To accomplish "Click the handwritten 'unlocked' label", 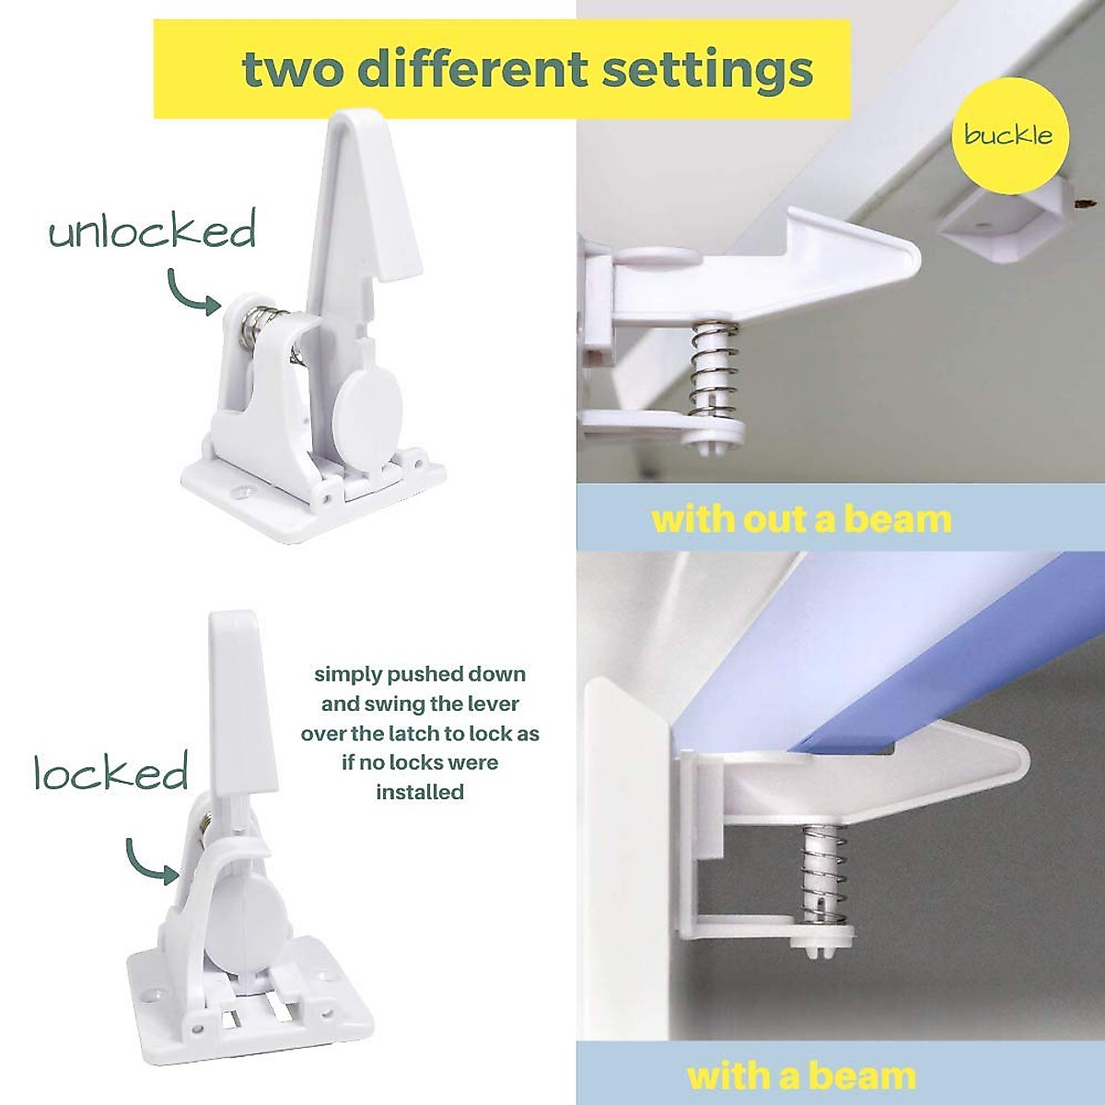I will (x=152, y=230).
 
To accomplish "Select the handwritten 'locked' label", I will (x=111, y=773).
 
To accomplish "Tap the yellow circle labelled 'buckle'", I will (x=1008, y=135).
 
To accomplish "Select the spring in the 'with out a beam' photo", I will (x=715, y=368).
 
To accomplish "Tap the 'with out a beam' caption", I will (x=801, y=519).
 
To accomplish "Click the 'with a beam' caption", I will (x=801, y=1076).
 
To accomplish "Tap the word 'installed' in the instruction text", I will (x=420, y=792).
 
